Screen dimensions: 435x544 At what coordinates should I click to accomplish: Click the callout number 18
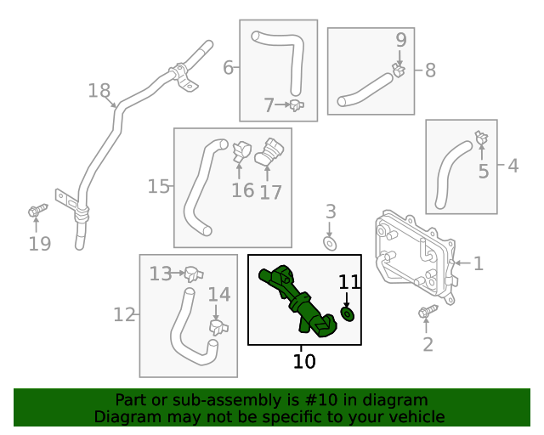pyautogui.click(x=99, y=91)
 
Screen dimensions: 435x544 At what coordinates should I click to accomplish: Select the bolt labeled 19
pyautogui.click(x=37, y=210)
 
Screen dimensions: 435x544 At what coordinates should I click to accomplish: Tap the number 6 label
pyautogui.click(x=228, y=67)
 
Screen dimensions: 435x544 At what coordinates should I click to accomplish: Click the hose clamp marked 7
pyautogui.click(x=297, y=105)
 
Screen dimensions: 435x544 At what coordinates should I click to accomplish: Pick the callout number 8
pyautogui.click(x=430, y=71)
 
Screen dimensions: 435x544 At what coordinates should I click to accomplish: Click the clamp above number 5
pyautogui.click(x=481, y=137)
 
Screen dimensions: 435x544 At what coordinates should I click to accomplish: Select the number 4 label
pyautogui.click(x=513, y=166)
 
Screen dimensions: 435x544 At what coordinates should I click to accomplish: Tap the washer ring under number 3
pyautogui.click(x=330, y=245)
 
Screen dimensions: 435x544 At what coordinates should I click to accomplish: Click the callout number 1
pyautogui.click(x=478, y=264)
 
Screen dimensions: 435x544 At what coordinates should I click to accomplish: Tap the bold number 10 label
pyautogui.click(x=304, y=361)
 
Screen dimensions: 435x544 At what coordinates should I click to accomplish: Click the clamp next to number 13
pyautogui.click(x=194, y=274)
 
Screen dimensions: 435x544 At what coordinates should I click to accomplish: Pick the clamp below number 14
pyautogui.click(x=218, y=327)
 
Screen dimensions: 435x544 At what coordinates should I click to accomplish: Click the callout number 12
pyautogui.click(x=125, y=315)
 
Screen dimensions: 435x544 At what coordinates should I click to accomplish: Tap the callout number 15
pyautogui.click(x=159, y=186)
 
